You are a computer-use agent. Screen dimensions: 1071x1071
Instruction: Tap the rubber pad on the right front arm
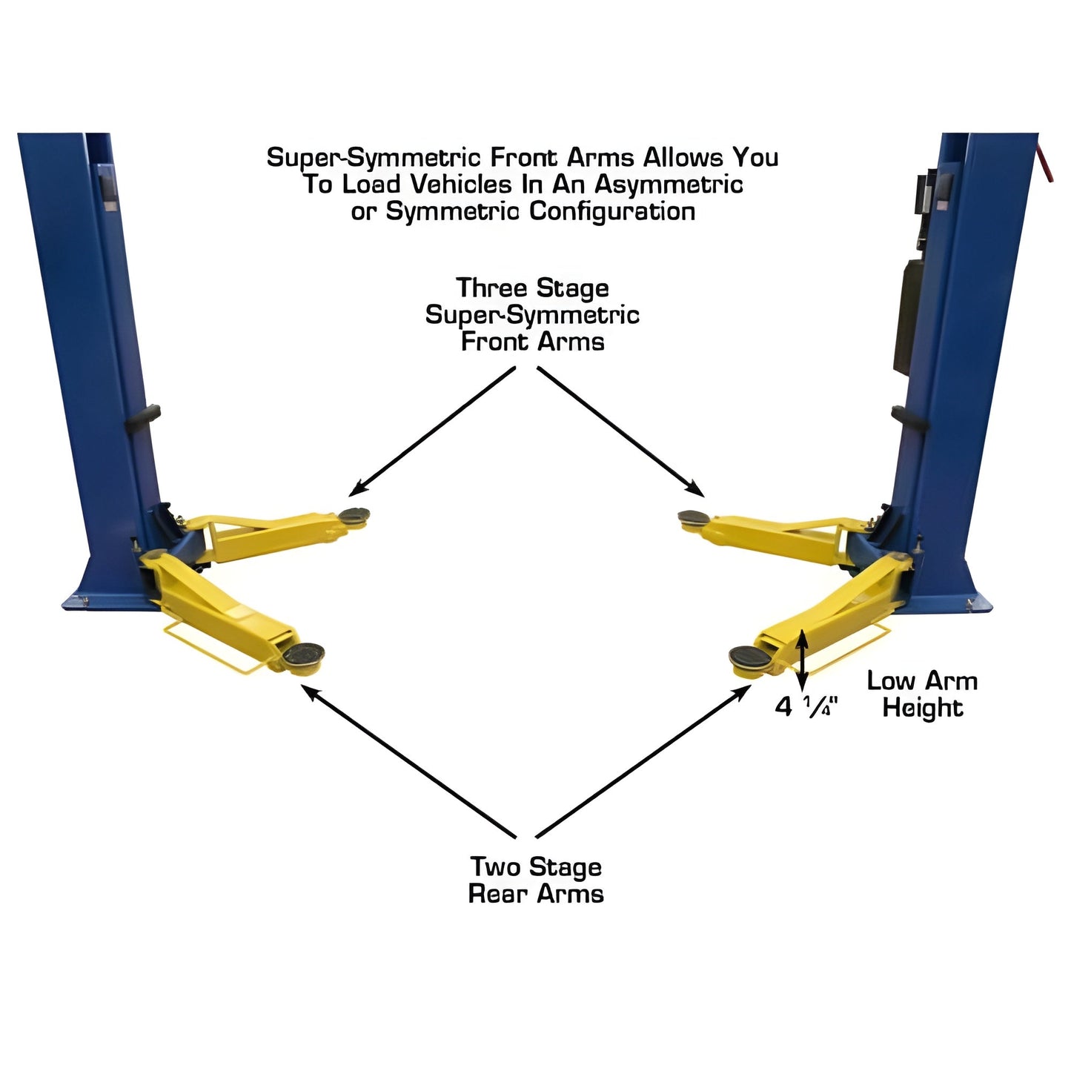pos(694,519)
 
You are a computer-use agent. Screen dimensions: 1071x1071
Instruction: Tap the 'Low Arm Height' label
pos(922,694)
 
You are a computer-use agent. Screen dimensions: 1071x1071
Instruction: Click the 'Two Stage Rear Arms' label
pos(536,880)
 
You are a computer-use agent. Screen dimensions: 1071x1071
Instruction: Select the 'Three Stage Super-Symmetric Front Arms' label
pos(532,314)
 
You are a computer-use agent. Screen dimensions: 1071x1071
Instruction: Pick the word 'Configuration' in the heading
pos(611,211)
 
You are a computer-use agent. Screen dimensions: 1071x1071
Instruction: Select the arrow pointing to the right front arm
pos(621,431)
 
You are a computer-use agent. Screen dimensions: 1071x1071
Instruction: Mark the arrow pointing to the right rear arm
pos(643,761)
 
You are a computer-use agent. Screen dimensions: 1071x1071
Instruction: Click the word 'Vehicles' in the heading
pos(464,184)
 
